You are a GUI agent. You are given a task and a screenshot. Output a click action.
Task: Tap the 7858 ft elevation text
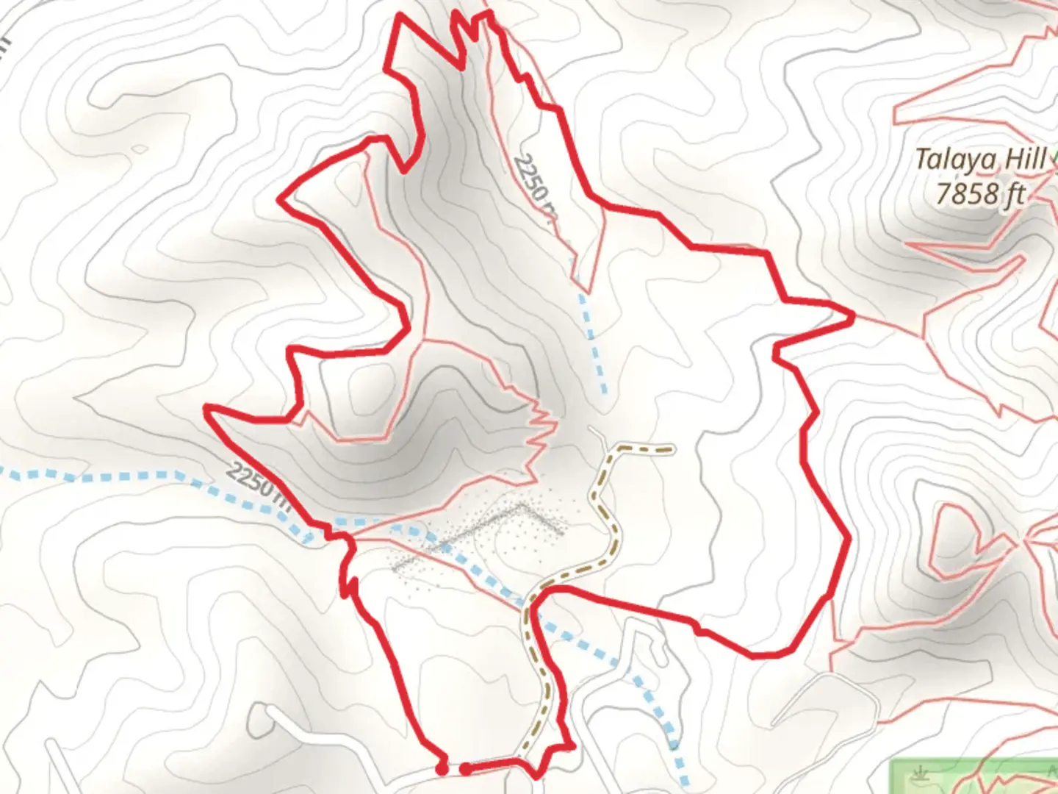coord(980,194)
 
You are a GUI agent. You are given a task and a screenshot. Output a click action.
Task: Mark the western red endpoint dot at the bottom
coord(441,768)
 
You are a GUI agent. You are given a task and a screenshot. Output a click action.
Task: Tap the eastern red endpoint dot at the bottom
coord(466,769)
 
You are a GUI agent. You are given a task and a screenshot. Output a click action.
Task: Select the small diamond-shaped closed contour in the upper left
coord(138,149)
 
